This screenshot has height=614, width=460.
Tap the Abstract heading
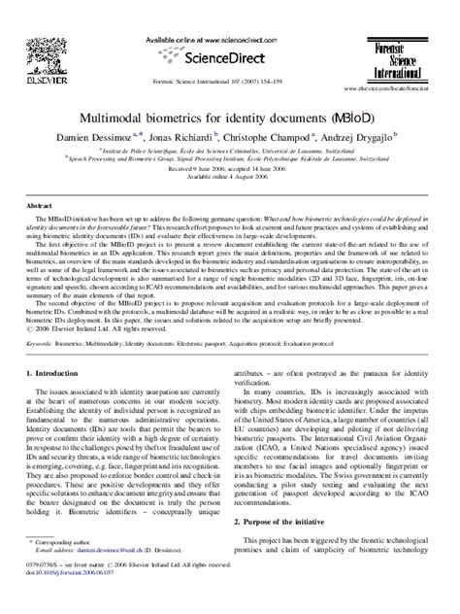39,207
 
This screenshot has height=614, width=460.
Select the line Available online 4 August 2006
230,178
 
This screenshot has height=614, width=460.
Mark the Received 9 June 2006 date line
230,170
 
